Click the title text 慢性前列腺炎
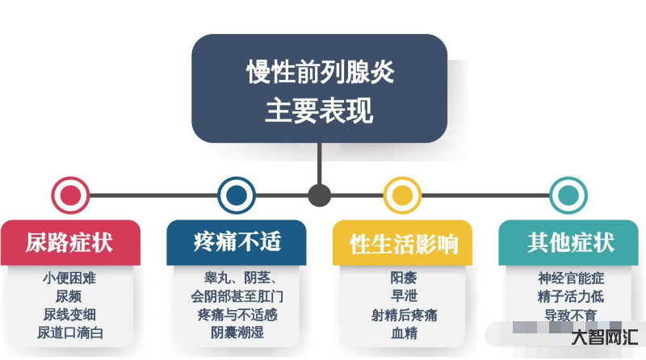click(x=320, y=73)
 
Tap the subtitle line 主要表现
click(x=319, y=110)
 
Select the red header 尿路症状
click(x=69, y=242)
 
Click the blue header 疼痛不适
click(x=237, y=242)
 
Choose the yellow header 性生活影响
click(x=403, y=244)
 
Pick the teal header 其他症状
click(x=571, y=242)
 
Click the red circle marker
click(x=70, y=195)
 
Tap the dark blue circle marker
click(x=237, y=195)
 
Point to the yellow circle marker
click(x=402, y=195)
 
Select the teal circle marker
click(x=568, y=195)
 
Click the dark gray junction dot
click(x=319, y=195)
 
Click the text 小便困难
click(x=69, y=278)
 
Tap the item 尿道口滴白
click(x=70, y=333)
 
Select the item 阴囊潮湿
click(x=237, y=333)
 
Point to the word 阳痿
click(x=404, y=278)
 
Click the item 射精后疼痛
click(x=405, y=316)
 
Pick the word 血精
click(x=405, y=333)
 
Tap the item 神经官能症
click(x=571, y=278)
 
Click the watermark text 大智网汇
click(x=605, y=337)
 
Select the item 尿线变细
click(x=69, y=315)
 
